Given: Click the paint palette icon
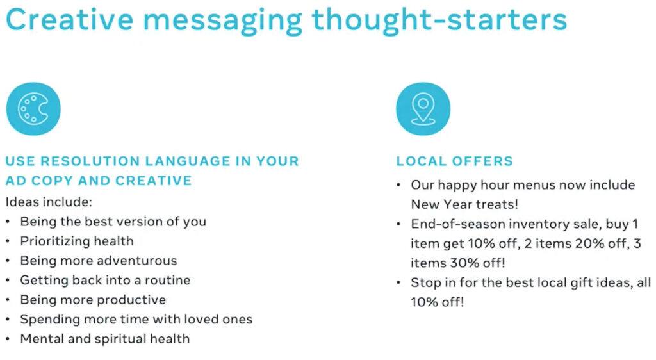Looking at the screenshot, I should click(33, 109).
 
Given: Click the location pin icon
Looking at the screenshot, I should click(423, 109).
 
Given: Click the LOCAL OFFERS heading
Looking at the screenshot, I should click(454, 161).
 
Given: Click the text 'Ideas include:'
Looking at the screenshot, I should click(49, 202).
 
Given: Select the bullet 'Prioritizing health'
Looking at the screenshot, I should click(77, 241).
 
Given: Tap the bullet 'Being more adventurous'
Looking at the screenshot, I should click(98, 261).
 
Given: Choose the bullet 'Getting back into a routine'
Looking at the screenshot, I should click(105, 280).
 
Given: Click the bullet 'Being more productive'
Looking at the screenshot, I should click(93, 300).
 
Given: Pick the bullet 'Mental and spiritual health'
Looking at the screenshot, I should click(104, 339).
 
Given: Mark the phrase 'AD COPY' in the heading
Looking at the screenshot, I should click(36, 181).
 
